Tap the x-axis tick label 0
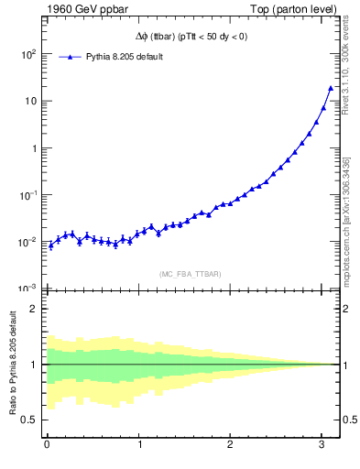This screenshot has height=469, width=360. click(x=47, y=445)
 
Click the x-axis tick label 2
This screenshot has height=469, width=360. click(x=231, y=445)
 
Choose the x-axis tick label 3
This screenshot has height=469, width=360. click(x=322, y=445)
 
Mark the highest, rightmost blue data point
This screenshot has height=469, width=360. click(x=331, y=88)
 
